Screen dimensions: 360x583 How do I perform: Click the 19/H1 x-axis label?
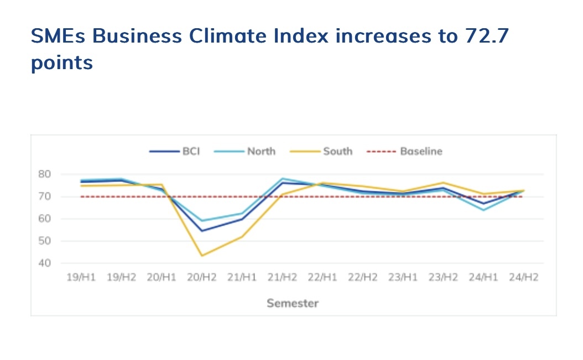pos(81,278)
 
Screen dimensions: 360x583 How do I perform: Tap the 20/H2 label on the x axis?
pos(201,278)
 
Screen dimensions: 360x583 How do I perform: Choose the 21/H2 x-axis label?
pos(282,278)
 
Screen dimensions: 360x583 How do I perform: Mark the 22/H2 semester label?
pos(362,278)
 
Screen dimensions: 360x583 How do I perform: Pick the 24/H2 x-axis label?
pos(523,278)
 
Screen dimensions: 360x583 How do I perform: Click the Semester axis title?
pos(293,303)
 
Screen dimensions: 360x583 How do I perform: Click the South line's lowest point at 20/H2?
pos(201,255)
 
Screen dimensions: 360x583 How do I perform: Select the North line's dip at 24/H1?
pos(483,210)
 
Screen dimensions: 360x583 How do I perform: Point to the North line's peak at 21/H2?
pos(282,179)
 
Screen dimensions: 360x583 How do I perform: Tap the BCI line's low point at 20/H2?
pos(201,231)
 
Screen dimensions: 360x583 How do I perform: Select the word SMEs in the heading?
pos(58,36)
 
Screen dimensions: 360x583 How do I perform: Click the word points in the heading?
pos(61,62)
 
